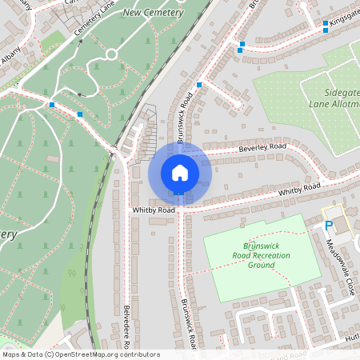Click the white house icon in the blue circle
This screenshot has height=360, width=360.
point(180,173)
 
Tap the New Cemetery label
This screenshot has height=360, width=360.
point(153,14)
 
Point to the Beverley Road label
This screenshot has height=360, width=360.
point(262,149)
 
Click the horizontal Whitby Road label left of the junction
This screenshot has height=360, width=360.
point(154,210)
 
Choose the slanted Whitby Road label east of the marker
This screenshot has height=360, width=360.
point(299,190)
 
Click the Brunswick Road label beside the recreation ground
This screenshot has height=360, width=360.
point(188,325)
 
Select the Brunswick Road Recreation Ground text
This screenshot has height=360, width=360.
point(261,255)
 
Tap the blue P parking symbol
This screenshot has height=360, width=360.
point(328,226)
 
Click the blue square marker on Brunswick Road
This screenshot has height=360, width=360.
point(198,84)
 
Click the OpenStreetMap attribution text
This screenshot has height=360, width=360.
point(80,354)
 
